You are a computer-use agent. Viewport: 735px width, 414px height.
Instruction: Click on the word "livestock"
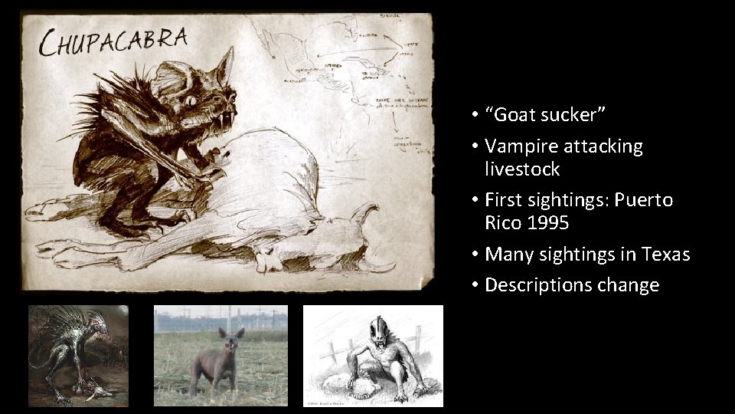pyautogui.click(x=522, y=169)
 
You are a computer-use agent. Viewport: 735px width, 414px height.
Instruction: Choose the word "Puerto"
pyautogui.click(x=645, y=200)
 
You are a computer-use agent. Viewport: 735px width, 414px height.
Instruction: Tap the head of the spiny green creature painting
pyautogui.click(x=96, y=326)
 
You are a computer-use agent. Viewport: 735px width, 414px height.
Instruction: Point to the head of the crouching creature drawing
pyautogui.click(x=381, y=330)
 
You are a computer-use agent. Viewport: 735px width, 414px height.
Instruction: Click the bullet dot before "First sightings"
pyautogui.click(x=475, y=201)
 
